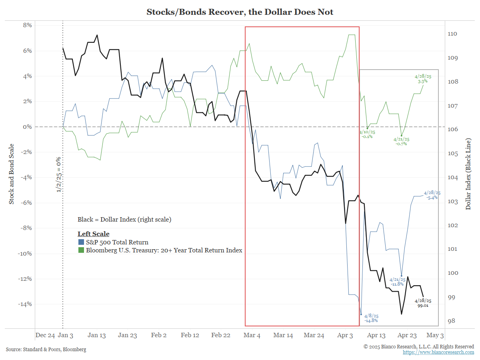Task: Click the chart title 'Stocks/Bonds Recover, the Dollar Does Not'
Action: [240, 12]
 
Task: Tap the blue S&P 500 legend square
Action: [81, 242]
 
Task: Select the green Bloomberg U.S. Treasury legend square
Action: [81, 250]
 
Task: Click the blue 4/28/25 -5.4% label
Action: [432, 195]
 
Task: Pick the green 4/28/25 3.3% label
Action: [423, 78]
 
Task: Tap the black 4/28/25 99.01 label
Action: [423, 303]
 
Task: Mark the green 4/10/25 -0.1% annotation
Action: [367, 134]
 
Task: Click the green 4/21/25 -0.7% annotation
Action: [401, 142]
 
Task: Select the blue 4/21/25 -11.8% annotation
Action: [397, 282]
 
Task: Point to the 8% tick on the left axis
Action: [26, 25]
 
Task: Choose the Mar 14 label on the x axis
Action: [283, 335]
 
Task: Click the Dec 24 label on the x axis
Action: [45, 335]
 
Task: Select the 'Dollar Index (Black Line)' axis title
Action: [468, 174]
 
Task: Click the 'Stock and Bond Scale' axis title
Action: [12, 174]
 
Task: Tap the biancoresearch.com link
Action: [438, 352]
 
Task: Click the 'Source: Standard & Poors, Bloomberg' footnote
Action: [46, 350]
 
